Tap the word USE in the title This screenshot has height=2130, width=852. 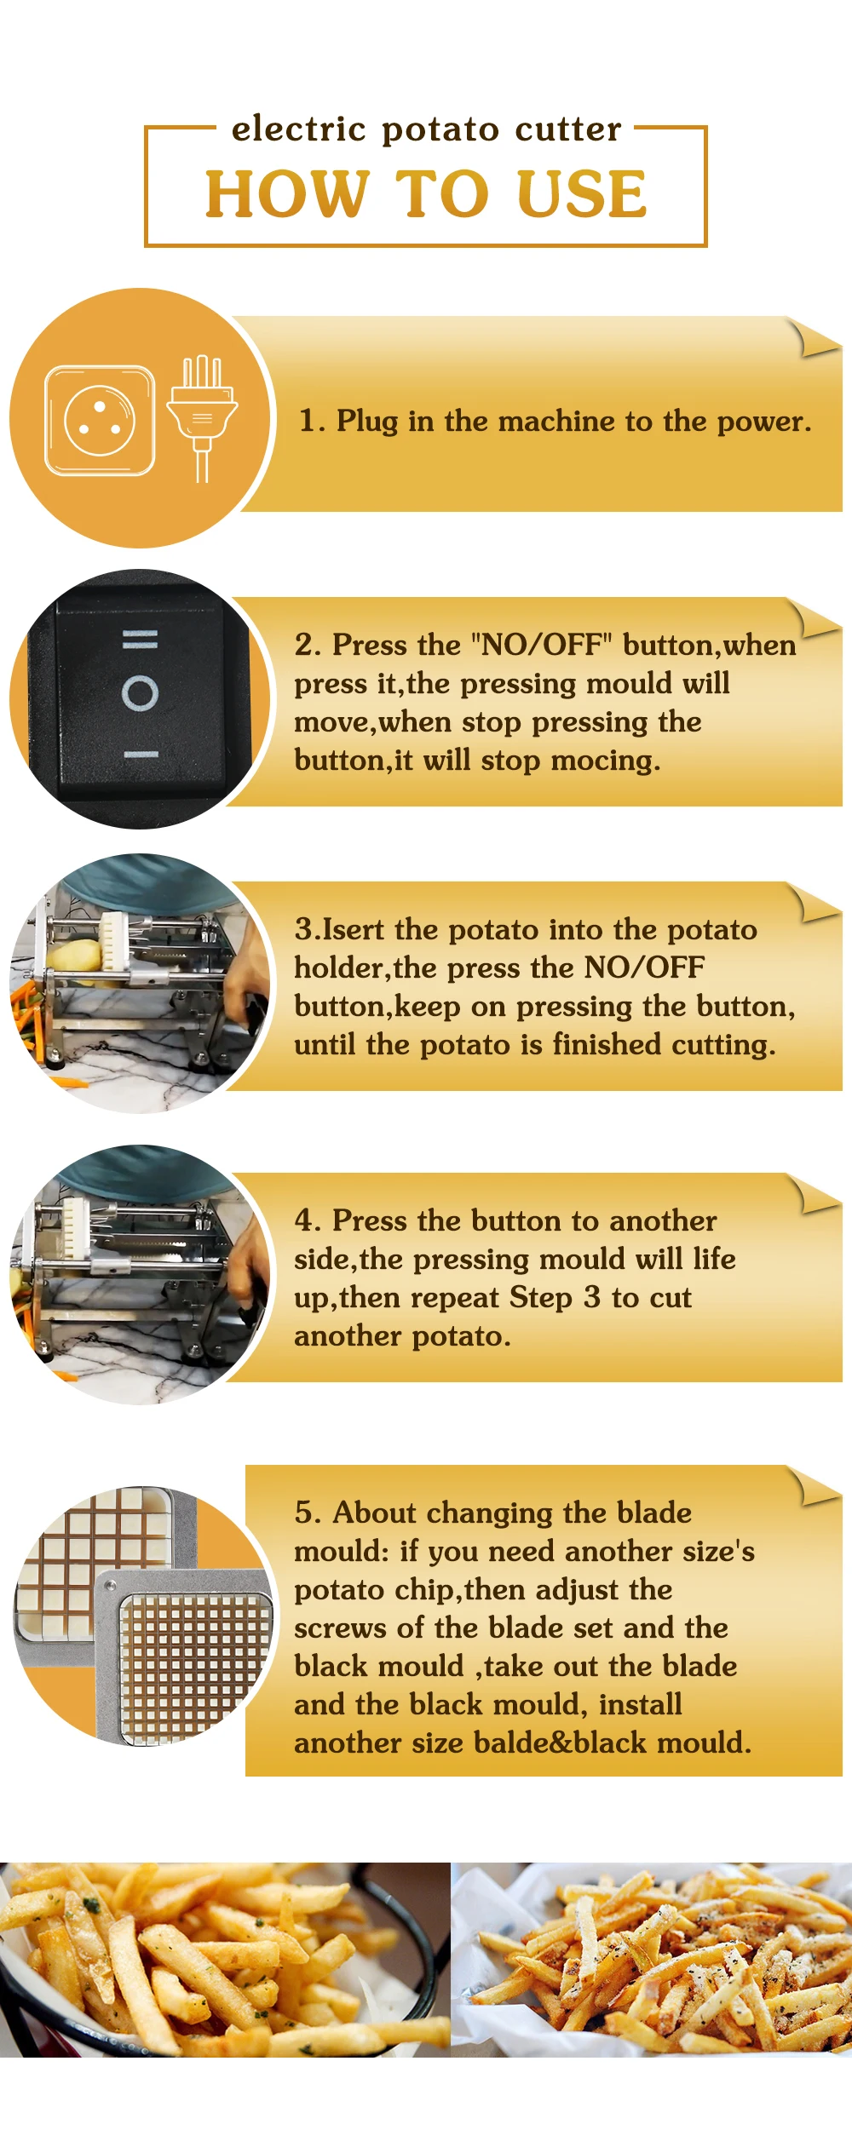[582, 193]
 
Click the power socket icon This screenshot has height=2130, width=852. [100, 420]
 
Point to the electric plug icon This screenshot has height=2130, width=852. [202, 417]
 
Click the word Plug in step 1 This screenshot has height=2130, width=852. [367, 422]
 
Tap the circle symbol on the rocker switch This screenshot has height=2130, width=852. [140, 693]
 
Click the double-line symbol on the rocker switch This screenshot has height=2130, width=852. [140, 639]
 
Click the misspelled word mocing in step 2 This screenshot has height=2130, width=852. [605, 761]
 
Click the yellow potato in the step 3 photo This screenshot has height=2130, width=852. [73, 957]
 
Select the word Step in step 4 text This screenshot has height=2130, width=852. [541, 1298]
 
